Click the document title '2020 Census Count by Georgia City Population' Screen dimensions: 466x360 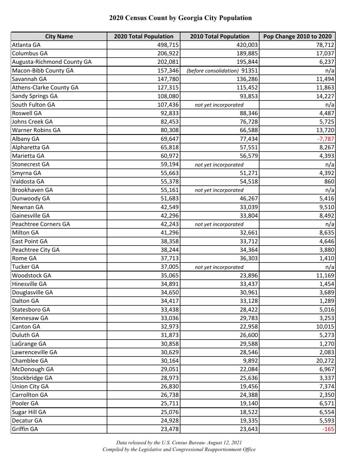click(180, 18)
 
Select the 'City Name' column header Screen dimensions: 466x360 click(59, 36)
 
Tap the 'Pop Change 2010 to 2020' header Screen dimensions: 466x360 click(297, 36)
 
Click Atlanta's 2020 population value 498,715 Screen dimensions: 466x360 click(168, 45)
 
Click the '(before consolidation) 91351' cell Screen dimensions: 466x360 click(222, 71)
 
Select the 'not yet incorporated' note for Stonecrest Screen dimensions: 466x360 click(219, 165)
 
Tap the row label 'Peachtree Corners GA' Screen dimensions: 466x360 click(41, 224)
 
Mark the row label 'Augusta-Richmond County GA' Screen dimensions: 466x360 click(52, 62)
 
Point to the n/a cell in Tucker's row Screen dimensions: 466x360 click(330, 267)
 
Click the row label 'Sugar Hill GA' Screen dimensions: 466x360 click(29, 412)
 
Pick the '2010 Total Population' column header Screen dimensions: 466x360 click(219, 36)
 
